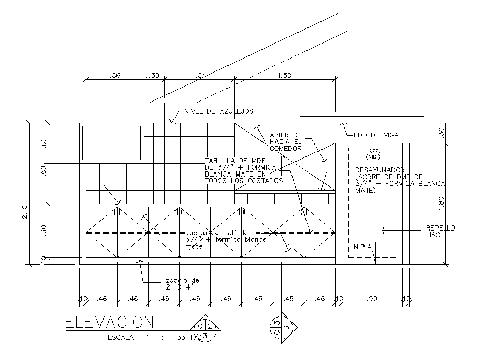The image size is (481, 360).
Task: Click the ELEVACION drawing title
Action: pyautogui.click(x=109, y=323)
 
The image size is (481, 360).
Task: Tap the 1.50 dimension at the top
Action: pyautogui.click(x=284, y=76)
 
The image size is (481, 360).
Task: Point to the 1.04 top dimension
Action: pyautogui.click(x=199, y=76)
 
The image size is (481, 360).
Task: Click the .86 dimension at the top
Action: pyautogui.click(x=115, y=76)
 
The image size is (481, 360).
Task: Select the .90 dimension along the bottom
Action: pyautogui.click(x=371, y=299)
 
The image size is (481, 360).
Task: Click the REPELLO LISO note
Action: pyautogui.click(x=440, y=231)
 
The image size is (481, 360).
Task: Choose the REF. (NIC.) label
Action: pyautogui.click(x=373, y=154)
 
